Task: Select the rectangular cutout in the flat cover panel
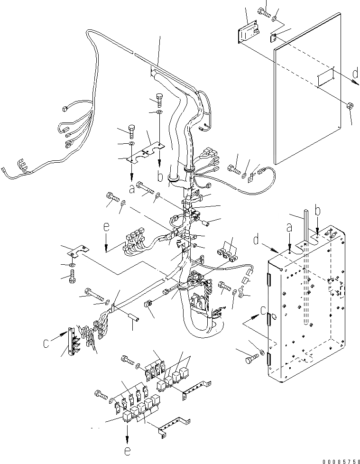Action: [x=326, y=78]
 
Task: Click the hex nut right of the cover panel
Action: [x=350, y=106]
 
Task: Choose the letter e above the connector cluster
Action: [x=106, y=227]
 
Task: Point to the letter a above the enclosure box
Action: [x=290, y=229]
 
